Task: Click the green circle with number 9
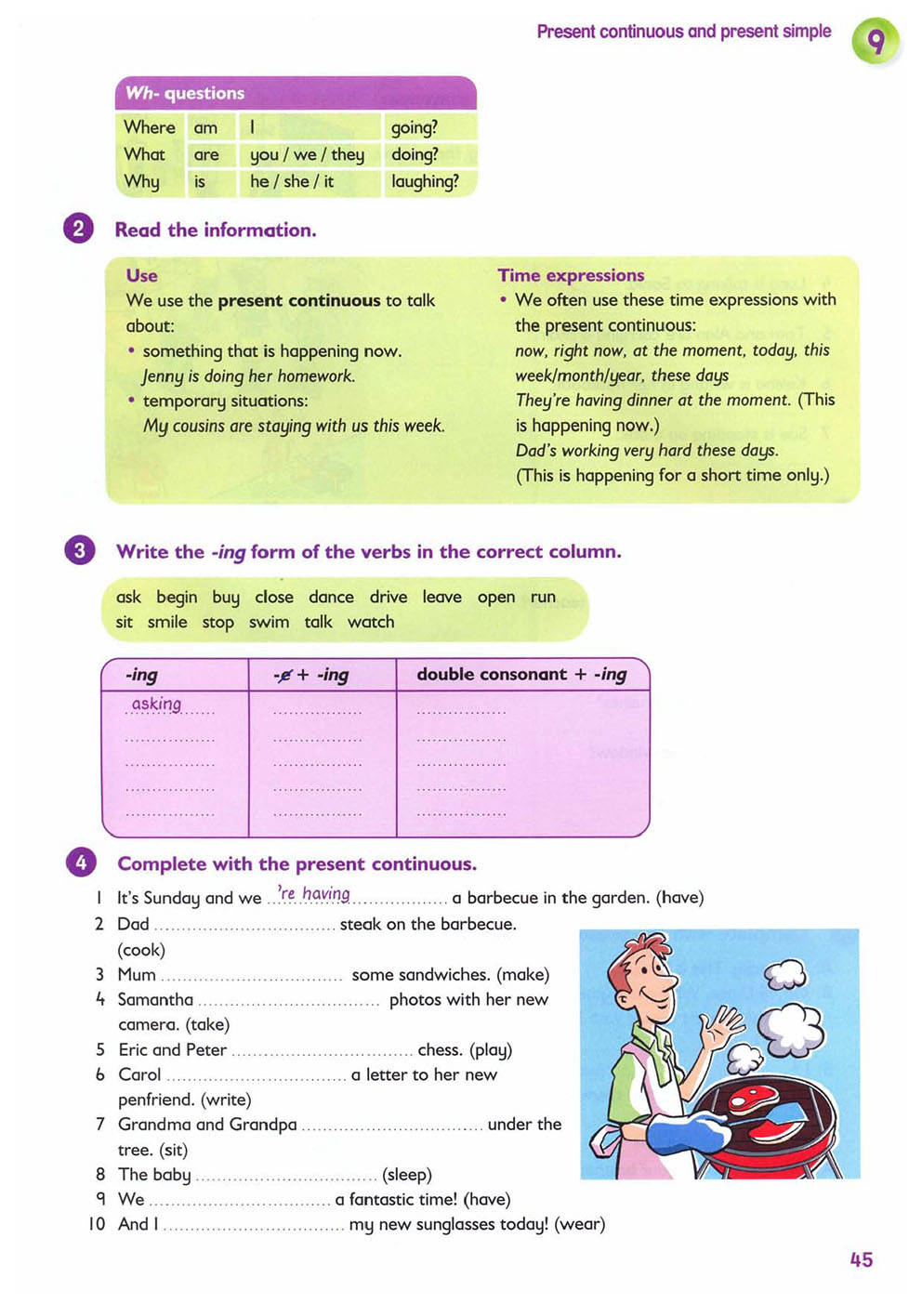[x=876, y=42]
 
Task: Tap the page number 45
[x=861, y=1259]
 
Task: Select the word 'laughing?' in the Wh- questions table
[x=425, y=181]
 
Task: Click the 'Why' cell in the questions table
[x=142, y=181]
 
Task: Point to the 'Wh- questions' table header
[x=185, y=93]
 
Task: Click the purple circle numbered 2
[x=79, y=229]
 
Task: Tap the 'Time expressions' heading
[x=571, y=275]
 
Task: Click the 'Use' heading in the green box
[x=142, y=275]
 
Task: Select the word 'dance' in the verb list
[x=331, y=597]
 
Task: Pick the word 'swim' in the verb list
[x=269, y=622]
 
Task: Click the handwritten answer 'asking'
[x=156, y=704]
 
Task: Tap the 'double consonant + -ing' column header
[x=521, y=674]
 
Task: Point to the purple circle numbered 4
[x=81, y=863]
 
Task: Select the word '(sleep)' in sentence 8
[x=407, y=1174]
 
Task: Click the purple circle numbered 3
[x=80, y=550]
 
